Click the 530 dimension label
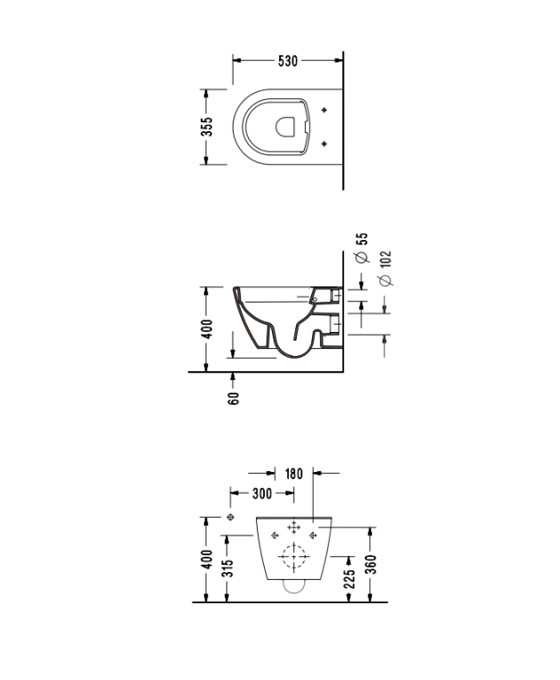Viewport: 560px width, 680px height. (x=288, y=62)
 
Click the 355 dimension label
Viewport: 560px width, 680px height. (x=207, y=127)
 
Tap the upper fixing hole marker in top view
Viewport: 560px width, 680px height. (x=324, y=110)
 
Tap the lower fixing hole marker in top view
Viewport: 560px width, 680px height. (x=324, y=144)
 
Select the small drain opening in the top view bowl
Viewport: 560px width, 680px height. (x=284, y=126)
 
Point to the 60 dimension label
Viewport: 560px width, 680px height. (x=234, y=398)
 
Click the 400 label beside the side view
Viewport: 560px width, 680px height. (x=208, y=329)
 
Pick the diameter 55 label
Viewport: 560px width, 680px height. (x=362, y=247)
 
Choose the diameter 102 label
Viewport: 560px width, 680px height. (x=385, y=268)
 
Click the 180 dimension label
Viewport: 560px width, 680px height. (x=293, y=474)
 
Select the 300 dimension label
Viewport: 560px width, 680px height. (x=262, y=493)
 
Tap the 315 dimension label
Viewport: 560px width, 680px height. (x=227, y=568)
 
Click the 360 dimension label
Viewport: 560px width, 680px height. (x=372, y=564)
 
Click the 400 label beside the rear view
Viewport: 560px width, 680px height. (x=208, y=560)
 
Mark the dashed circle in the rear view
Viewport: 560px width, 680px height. (x=294, y=556)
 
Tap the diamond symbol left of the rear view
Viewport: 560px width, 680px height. (x=231, y=517)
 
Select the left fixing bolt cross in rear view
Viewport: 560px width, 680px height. (x=275, y=535)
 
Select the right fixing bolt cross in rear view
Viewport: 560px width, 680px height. (x=313, y=535)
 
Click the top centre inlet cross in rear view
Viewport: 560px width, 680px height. (x=294, y=527)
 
